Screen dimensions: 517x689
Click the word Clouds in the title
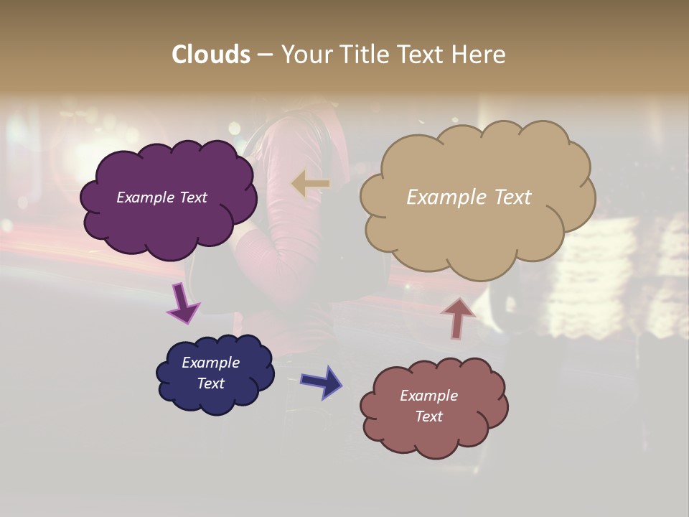[x=210, y=55]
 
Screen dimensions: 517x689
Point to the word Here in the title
[x=480, y=55]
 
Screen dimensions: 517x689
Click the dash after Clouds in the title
[x=265, y=55]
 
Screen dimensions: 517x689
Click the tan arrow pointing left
[x=311, y=184]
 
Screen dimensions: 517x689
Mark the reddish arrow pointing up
[x=457, y=317]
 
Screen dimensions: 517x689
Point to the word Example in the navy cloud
[x=211, y=363]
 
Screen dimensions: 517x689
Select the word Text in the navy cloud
[x=211, y=383]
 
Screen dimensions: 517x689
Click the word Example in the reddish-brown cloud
[x=429, y=396]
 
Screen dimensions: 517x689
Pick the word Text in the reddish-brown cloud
[x=429, y=416]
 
